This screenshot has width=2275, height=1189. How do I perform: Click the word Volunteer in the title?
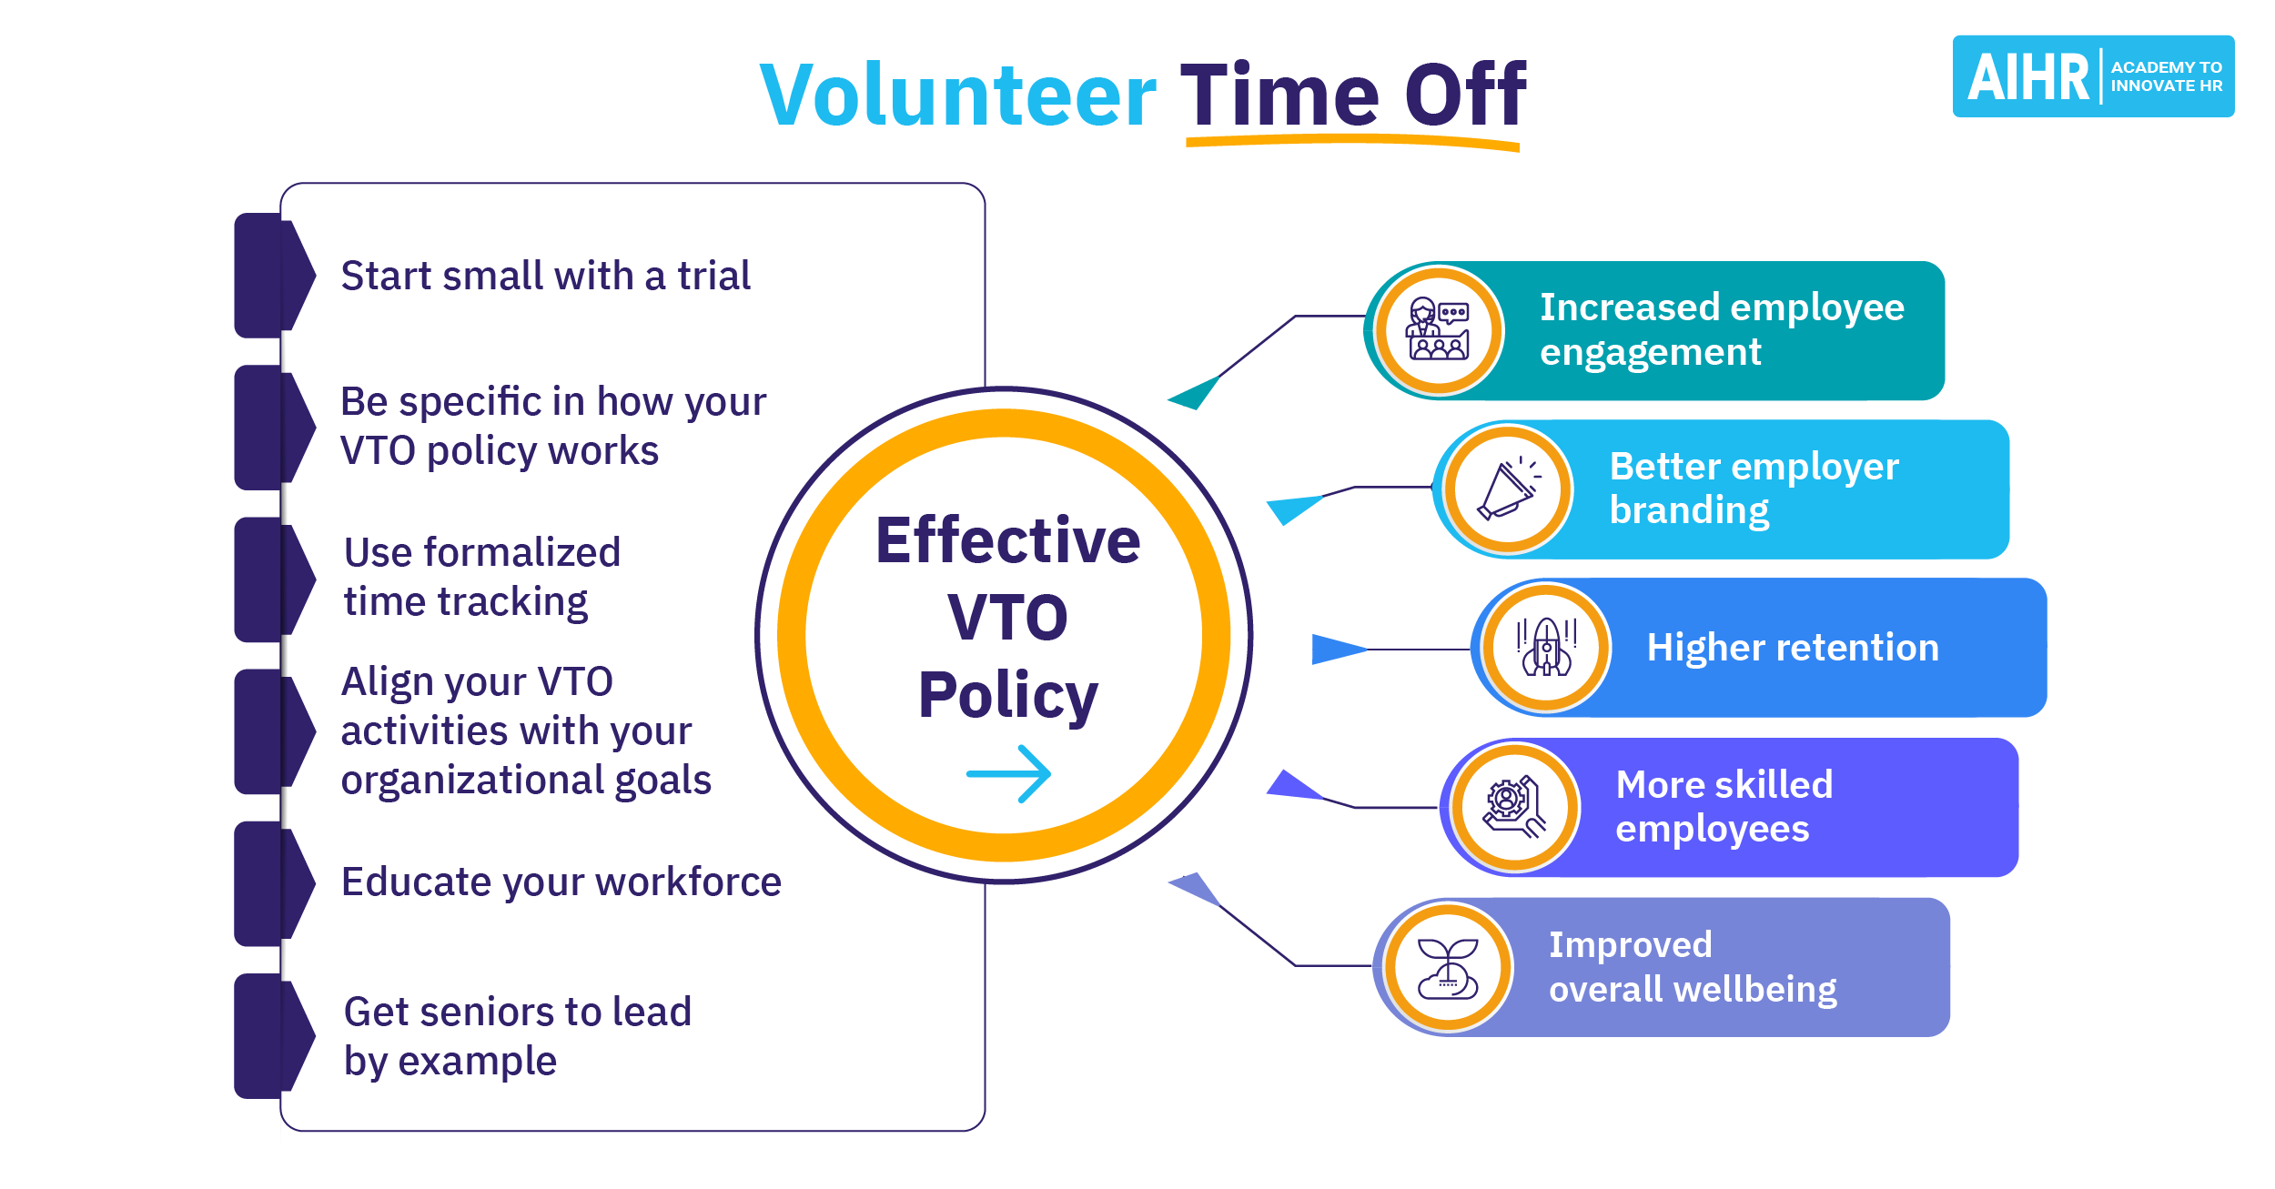point(958,95)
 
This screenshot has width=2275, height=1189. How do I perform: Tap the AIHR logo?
point(2093,76)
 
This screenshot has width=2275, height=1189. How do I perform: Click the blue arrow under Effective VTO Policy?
point(1008,774)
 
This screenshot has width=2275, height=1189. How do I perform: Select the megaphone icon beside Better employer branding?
point(1508,489)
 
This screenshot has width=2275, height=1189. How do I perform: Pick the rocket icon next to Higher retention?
point(1546,647)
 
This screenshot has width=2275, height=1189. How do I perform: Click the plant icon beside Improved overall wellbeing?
point(1448,968)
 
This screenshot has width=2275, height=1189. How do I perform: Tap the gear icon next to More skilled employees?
point(1514,807)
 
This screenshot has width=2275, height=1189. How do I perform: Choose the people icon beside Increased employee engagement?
point(1439,329)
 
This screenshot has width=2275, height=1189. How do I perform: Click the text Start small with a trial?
point(546,276)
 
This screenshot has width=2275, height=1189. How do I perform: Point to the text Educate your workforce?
point(561,882)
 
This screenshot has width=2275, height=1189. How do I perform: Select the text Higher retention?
point(1793,648)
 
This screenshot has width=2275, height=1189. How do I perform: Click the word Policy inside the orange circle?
point(1008,696)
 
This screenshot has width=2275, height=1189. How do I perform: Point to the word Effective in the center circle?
point(1008,540)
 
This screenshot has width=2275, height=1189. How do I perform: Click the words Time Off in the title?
point(1354,95)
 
